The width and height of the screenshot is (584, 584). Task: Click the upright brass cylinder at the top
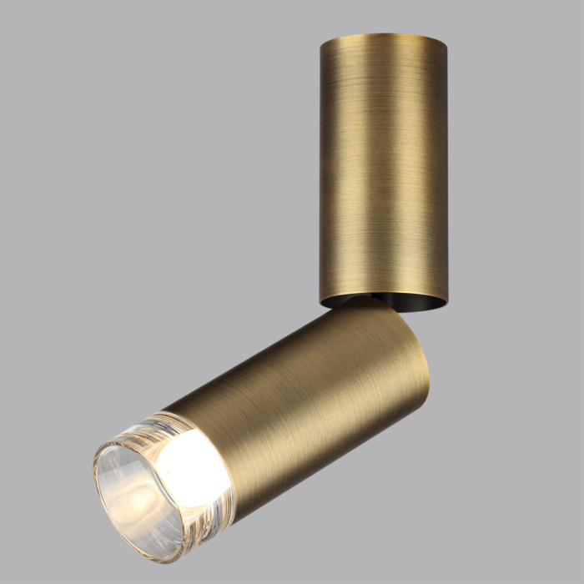(x=383, y=167)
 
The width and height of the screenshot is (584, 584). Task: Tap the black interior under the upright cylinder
(x=400, y=301)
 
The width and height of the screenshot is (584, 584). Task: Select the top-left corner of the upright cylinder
(x=321, y=42)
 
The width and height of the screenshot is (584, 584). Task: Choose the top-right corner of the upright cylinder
(x=446, y=42)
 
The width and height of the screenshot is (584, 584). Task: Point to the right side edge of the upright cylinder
(x=446, y=167)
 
